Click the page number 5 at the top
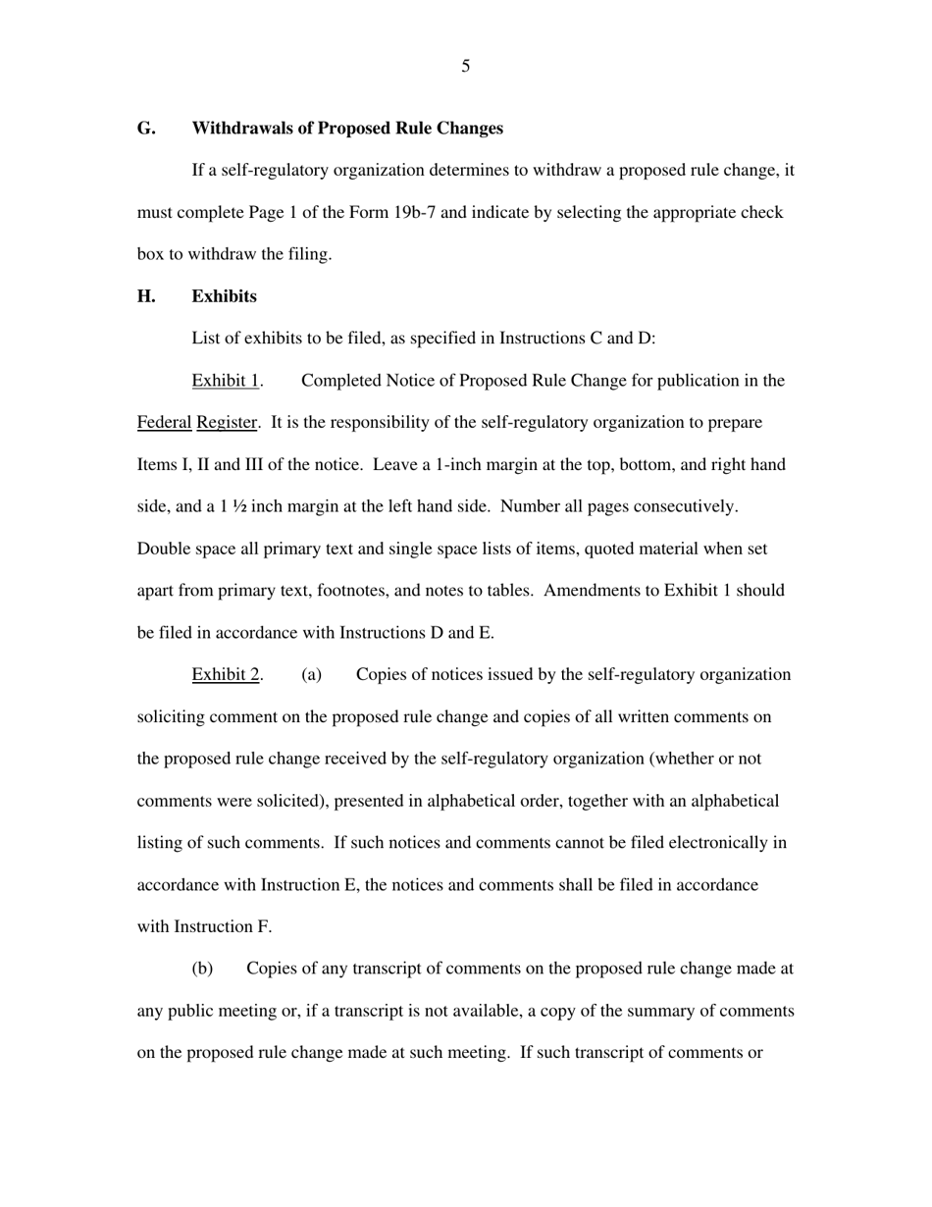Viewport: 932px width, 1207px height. point(465,67)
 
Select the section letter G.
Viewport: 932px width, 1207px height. point(145,129)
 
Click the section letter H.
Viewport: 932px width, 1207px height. point(146,296)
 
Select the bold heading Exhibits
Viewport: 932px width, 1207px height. point(224,296)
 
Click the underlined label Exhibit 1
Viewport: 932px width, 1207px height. point(226,381)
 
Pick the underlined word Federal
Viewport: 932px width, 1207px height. point(164,423)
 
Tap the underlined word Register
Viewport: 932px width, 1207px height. point(227,423)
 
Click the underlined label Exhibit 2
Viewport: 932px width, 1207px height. point(226,675)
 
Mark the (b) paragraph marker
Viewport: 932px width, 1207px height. point(202,969)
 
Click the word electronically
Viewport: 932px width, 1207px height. point(720,843)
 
